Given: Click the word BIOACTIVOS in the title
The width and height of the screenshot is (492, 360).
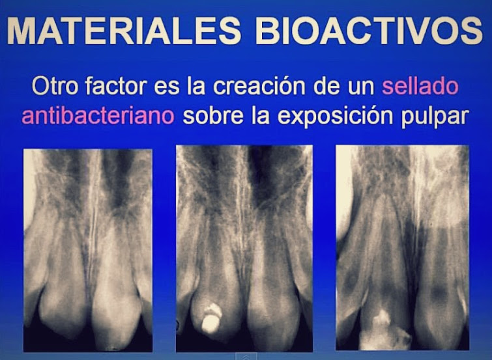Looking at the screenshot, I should point(368,31).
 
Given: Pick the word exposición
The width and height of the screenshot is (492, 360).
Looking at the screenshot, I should point(339,117).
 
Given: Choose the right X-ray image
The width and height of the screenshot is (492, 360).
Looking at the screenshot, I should point(402,247).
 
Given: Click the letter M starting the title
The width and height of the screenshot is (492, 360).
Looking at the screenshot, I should point(27,31).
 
